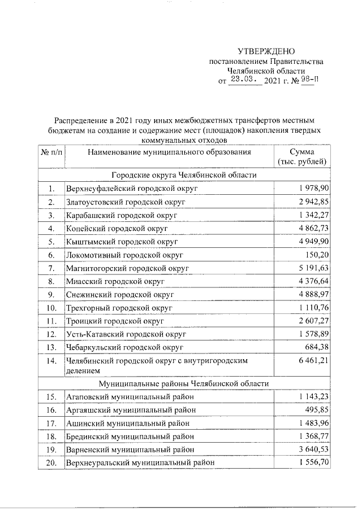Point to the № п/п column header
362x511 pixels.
click(51, 152)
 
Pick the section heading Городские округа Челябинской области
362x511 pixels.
click(184, 175)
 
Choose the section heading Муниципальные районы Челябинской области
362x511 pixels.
click(184, 383)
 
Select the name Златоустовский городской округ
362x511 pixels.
click(125, 202)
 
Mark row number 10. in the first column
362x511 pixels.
click(51, 308)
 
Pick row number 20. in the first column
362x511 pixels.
click(51, 463)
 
